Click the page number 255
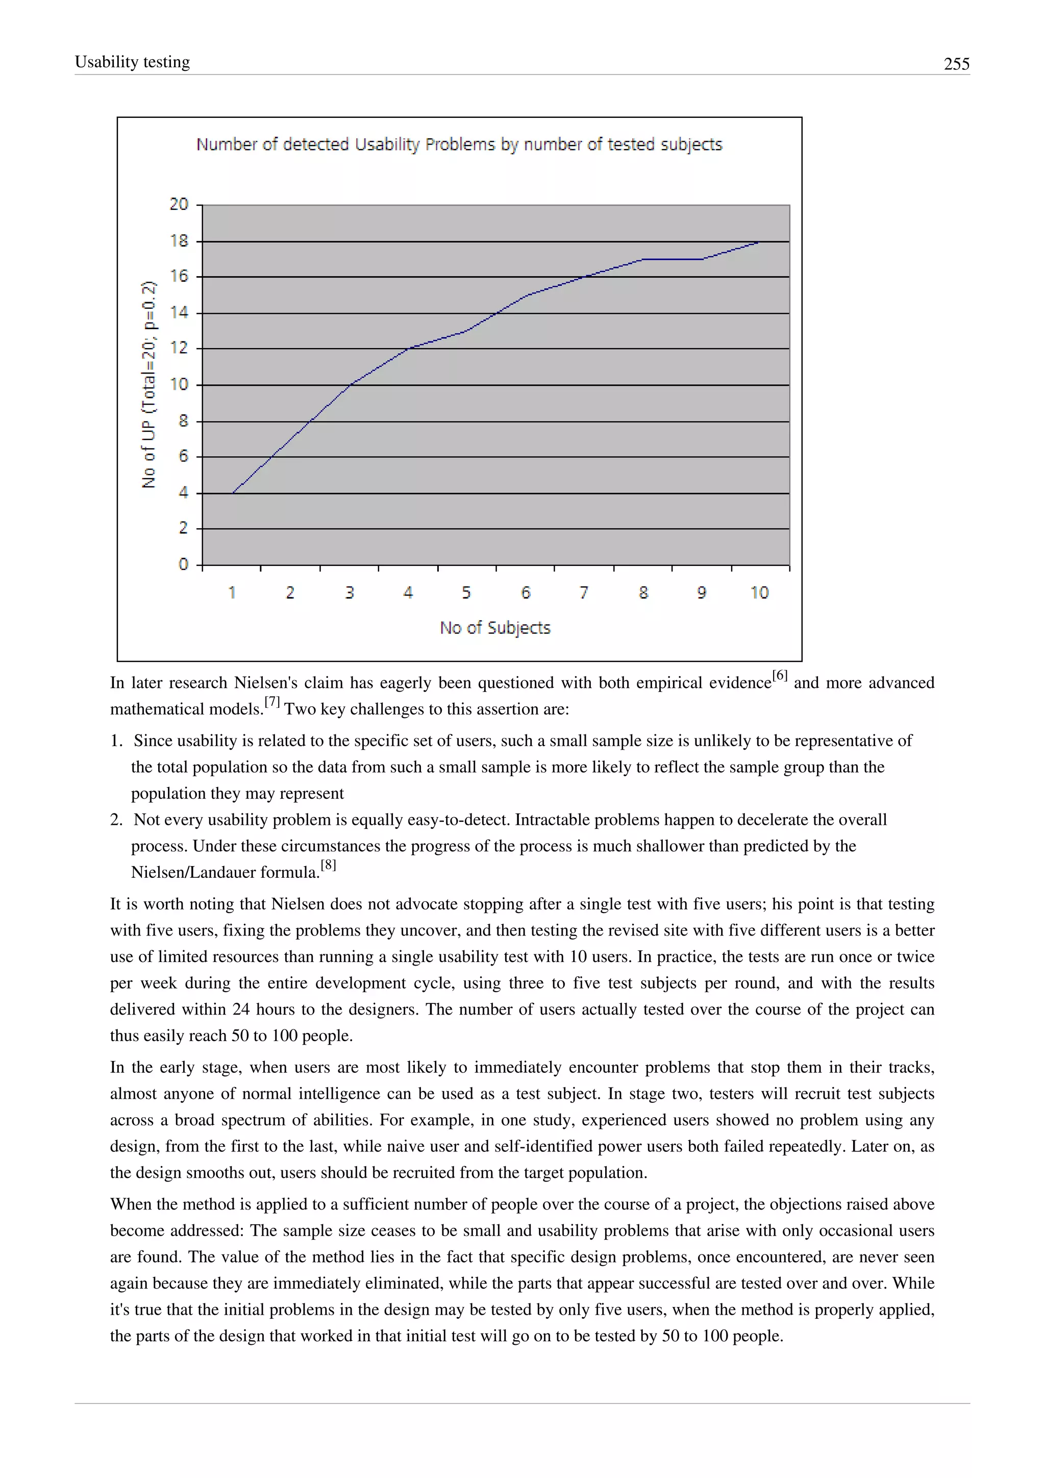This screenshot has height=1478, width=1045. point(956,64)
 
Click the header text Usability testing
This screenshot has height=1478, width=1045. point(133,62)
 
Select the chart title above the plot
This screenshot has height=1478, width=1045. point(459,144)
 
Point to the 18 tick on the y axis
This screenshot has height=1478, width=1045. point(179,241)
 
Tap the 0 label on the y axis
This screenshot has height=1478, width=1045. point(183,564)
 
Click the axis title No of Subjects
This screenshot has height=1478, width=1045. point(495,628)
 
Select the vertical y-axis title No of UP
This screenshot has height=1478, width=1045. point(148,384)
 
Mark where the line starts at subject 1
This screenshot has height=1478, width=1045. point(232,493)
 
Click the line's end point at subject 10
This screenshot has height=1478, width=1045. point(759,242)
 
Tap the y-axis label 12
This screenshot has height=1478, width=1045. point(179,348)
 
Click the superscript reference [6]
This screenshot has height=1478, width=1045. point(779,675)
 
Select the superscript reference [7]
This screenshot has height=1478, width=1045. point(272,702)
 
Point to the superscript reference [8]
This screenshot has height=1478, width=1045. point(328,865)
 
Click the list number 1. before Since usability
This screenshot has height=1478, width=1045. point(116,741)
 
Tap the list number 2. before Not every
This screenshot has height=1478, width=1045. point(116,820)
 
